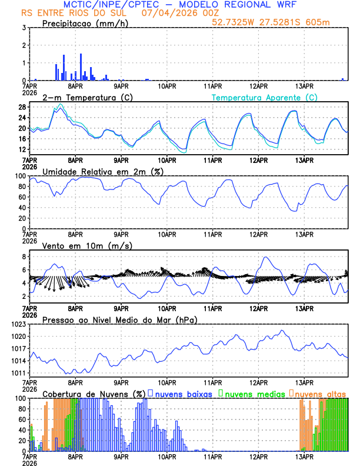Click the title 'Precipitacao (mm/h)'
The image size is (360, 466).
click(x=82, y=24)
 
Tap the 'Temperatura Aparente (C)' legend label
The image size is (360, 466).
click(x=265, y=97)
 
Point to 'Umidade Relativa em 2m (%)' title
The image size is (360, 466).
click(x=101, y=171)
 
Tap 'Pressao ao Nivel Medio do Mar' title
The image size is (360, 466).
click(x=119, y=319)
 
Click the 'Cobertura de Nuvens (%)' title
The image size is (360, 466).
click(x=94, y=394)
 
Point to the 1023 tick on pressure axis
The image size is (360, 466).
click(x=17, y=324)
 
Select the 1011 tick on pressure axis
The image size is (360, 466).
click(x=17, y=373)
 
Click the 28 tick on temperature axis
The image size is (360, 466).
click(x=21, y=107)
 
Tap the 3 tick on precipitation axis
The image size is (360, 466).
click(x=24, y=28)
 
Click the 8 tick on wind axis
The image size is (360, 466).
click(x=24, y=257)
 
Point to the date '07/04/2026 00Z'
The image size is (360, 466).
click(x=171, y=12)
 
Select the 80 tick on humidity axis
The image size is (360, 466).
click(x=21, y=187)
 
